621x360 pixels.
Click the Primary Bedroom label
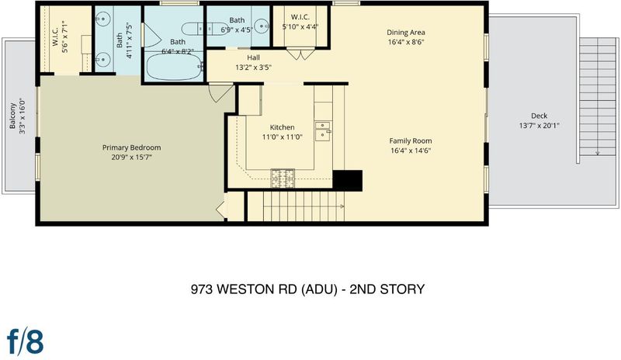[131, 147]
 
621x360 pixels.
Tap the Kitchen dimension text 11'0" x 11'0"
[283, 137]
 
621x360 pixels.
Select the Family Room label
[411, 140]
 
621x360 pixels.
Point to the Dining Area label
[406, 33]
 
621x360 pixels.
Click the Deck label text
[539, 116]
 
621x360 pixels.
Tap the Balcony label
[12, 116]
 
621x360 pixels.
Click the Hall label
[254, 57]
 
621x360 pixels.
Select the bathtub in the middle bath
[174, 66]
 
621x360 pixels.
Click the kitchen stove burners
[283, 178]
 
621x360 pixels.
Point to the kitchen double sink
[323, 131]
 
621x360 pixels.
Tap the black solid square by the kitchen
[347, 181]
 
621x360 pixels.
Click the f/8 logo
[26, 341]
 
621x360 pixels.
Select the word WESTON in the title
[245, 289]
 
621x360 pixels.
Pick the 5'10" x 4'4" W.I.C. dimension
[300, 27]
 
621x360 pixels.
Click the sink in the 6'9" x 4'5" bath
[262, 26]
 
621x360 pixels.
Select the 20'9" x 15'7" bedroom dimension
[131, 157]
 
